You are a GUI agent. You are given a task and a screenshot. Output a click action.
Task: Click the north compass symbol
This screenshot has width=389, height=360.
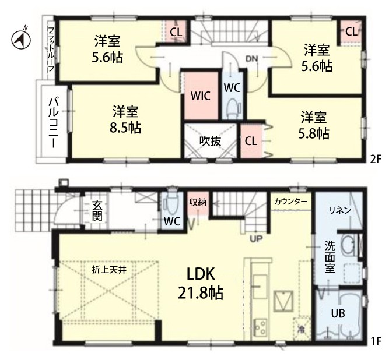pos(21,40)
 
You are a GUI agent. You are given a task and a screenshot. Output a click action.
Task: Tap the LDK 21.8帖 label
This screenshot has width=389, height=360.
pos(201,284)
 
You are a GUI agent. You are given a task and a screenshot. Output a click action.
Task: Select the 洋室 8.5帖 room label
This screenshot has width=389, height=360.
pos(125,119)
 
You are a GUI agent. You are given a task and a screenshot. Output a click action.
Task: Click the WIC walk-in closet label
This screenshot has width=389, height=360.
pos(201,96)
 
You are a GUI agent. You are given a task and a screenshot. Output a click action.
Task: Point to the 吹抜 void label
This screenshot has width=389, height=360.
pos(210,142)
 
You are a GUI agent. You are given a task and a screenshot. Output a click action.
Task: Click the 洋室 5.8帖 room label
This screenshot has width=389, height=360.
pos(314,125)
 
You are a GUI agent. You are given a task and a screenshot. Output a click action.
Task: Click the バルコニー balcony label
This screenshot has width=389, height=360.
pos(54,123)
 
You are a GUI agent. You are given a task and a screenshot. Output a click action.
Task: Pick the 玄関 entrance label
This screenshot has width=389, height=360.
pos(97,211)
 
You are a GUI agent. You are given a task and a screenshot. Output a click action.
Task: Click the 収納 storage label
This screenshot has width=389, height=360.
pos(198,203)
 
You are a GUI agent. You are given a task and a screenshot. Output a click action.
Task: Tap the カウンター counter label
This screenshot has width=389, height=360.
pos(291,202)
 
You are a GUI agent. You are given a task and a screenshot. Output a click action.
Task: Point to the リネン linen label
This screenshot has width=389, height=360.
pos(340,210)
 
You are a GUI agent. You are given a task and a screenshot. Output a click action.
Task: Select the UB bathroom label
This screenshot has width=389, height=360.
pos(338,313)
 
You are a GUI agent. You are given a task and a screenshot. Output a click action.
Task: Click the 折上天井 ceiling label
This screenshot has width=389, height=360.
pos(109,270)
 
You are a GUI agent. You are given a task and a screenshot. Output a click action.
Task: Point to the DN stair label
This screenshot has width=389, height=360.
pos(252,59)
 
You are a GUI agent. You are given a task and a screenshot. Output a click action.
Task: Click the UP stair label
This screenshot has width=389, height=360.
pos(256,239)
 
